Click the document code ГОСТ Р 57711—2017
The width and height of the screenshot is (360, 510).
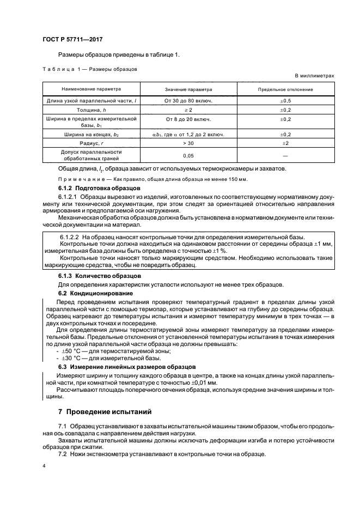pyautogui.click(x=72, y=40)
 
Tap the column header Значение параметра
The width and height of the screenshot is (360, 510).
pyautogui.click(x=188, y=89)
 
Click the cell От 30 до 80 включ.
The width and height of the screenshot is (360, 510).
pyautogui.click(x=188, y=101)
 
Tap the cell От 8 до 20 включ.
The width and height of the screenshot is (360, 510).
pyautogui.click(x=188, y=118)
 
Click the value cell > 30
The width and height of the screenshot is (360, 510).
pyautogui.click(x=188, y=142)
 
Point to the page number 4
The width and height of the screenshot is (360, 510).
pyautogui.click(x=44, y=466)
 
